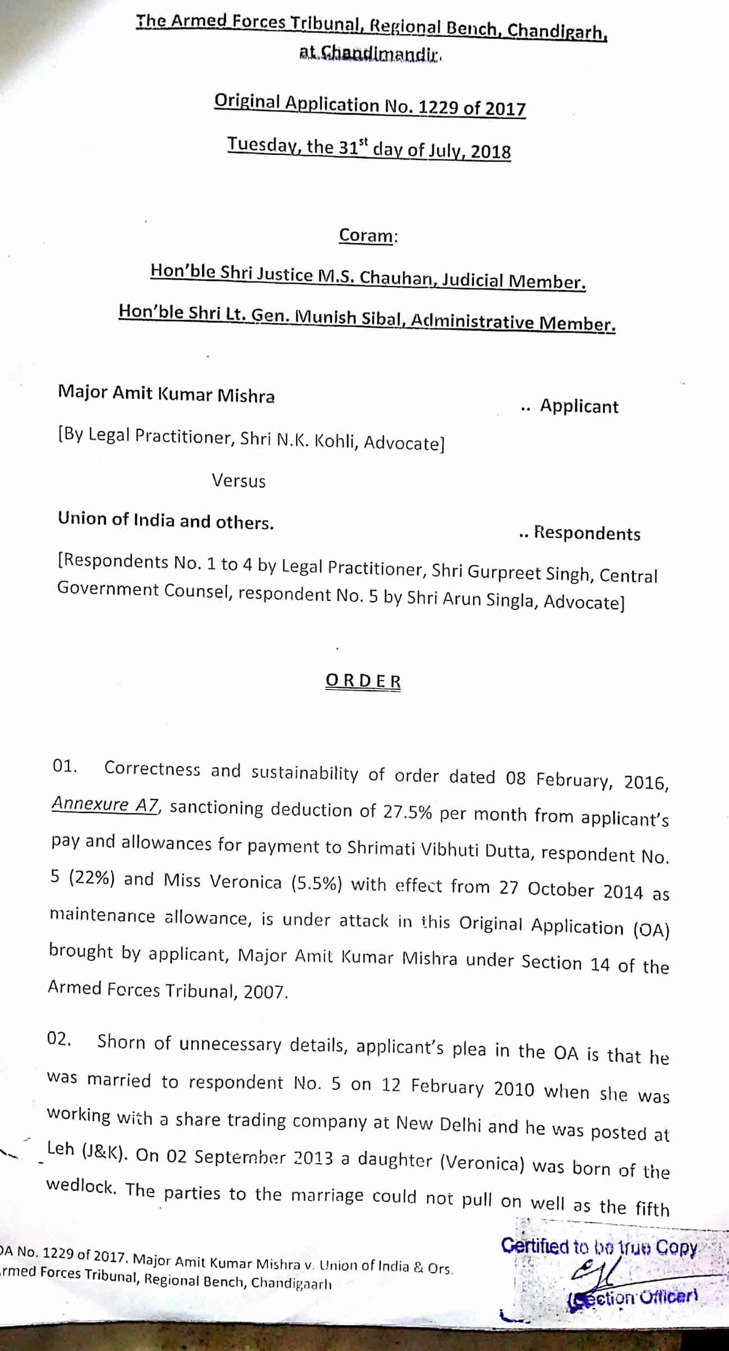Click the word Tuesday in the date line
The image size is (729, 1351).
(x=260, y=145)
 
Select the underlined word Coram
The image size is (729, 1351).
(x=366, y=235)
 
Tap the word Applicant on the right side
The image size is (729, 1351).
(x=579, y=406)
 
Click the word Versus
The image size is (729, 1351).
(x=238, y=481)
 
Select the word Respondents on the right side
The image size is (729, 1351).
(x=587, y=533)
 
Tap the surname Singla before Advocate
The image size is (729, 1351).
(x=516, y=600)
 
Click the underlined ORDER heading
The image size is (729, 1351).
(x=363, y=681)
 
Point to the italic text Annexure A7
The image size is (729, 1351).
(x=106, y=805)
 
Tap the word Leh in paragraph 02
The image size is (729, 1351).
(x=61, y=1149)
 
